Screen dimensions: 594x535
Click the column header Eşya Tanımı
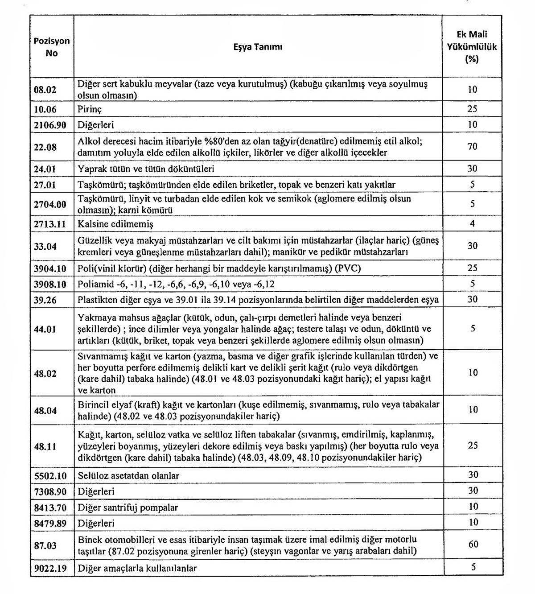(258, 47)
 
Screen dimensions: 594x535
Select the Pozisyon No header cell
(52, 47)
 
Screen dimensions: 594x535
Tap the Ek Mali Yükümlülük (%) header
(472, 46)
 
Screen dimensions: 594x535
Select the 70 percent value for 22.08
(472, 146)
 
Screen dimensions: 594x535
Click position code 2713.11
(49, 224)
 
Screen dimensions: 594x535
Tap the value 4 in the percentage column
(472, 223)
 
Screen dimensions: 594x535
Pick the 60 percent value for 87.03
(473, 544)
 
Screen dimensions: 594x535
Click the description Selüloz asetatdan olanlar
(128, 475)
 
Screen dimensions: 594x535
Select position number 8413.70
(49, 507)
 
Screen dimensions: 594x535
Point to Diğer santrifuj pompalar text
(128, 507)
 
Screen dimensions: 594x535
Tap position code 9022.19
(49, 568)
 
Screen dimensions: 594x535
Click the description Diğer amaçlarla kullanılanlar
(137, 568)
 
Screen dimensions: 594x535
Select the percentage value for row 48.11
(473, 445)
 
